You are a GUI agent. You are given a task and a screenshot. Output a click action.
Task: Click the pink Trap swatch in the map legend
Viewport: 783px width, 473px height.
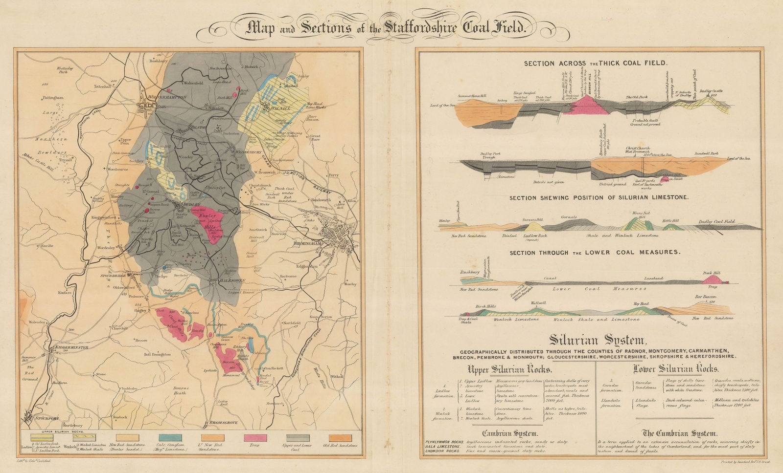coord(255,438)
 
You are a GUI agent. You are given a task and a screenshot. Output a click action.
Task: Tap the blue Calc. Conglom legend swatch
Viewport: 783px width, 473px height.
coord(170,438)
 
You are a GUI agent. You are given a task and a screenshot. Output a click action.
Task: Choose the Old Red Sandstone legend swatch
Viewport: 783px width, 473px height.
coord(340,438)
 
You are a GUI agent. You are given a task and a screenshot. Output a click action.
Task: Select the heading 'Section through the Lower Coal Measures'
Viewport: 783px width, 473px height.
coord(595,253)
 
